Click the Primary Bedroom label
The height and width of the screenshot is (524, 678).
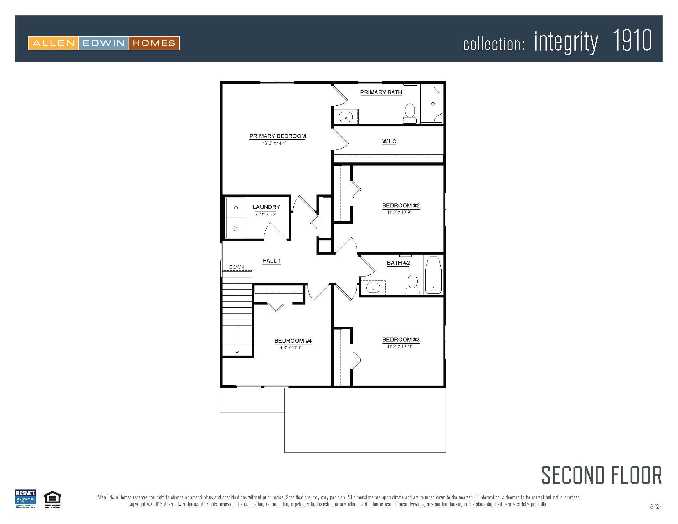point(278,136)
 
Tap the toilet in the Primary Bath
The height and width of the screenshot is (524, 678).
point(410,113)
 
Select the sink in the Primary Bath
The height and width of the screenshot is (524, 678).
point(345,117)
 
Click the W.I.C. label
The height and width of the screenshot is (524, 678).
point(390,141)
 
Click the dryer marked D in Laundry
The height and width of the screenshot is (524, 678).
point(235,207)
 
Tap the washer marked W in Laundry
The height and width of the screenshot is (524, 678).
point(235,228)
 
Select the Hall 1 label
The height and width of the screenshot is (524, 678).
point(271,261)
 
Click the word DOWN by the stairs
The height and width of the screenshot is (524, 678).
point(236,267)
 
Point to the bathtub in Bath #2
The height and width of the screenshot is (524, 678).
point(433,275)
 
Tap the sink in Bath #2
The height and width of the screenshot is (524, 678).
point(373,288)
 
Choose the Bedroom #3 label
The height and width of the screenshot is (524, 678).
point(401,340)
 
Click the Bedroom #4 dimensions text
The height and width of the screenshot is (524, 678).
point(290,348)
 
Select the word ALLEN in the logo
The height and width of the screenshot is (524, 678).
point(53,43)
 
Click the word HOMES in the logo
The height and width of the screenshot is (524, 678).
point(154,43)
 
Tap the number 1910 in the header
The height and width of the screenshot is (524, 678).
point(632,41)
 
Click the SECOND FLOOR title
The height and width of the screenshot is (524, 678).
point(601,475)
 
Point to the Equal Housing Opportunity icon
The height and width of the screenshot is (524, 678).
point(52,499)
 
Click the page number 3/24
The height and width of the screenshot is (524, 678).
point(656,507)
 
